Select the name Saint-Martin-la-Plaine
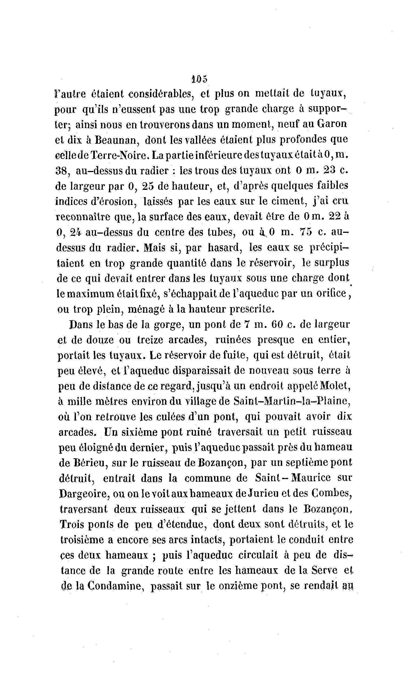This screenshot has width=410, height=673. point(291,402)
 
